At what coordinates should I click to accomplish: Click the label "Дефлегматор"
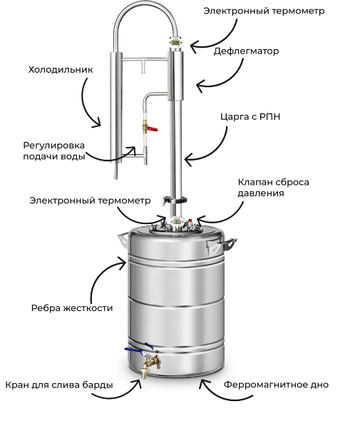coord(246,51)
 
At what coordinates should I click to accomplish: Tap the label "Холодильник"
coord(61,69)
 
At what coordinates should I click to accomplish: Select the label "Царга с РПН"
coord(250,117)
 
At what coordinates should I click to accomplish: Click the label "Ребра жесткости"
coord(72,308)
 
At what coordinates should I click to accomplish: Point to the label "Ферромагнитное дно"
coord(276,385)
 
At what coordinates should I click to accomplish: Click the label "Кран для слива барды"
coord(59,385)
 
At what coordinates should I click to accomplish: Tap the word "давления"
coord(261,193)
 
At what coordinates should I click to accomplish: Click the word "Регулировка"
coord(54,146)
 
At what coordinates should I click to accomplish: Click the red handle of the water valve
coord(152,129)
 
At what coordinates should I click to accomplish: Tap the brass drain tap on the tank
coord(150,364)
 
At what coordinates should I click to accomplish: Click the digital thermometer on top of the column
coord(176,42)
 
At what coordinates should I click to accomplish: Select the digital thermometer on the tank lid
coord(177,222)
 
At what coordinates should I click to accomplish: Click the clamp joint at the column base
coord(175,201)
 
